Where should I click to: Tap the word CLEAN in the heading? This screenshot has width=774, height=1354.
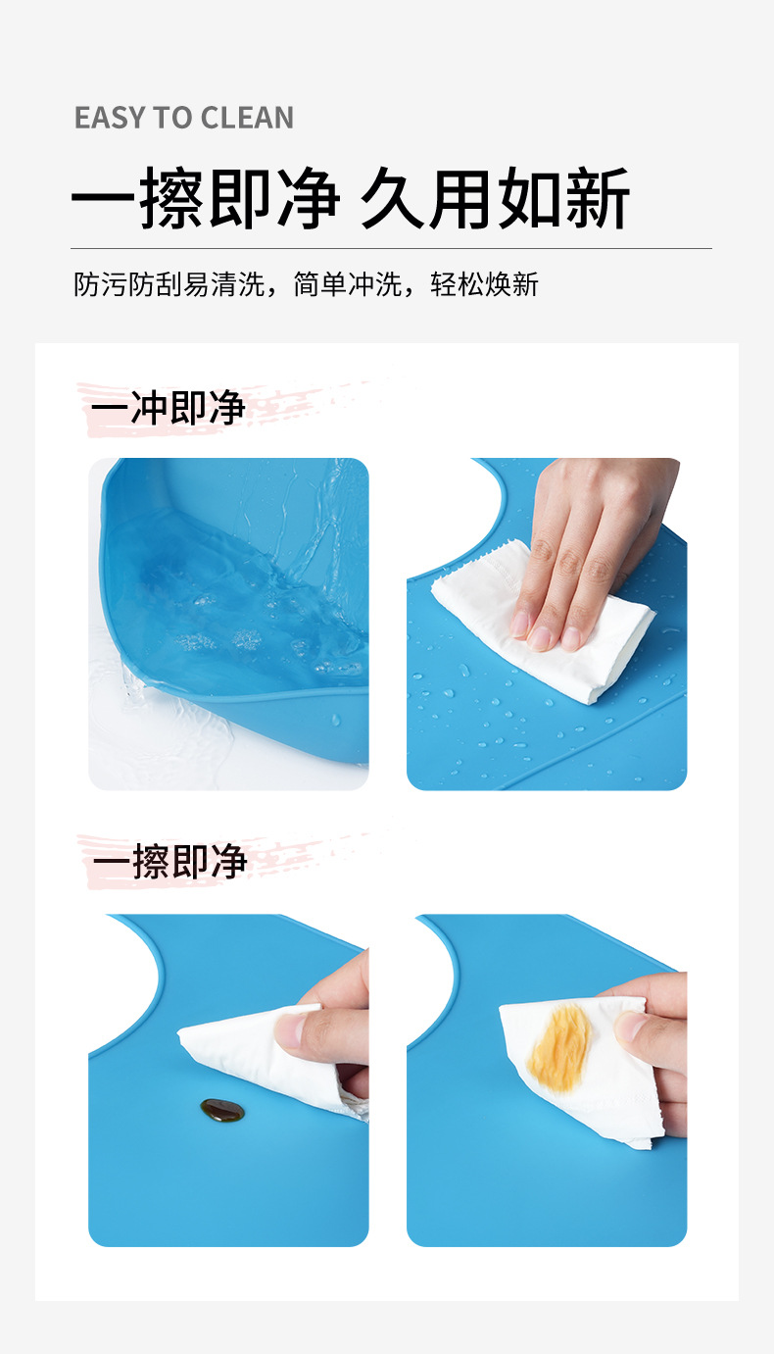point(249,119)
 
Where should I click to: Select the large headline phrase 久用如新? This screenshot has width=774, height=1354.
point(495,199)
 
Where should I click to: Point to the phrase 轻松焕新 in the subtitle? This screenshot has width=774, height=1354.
point(485,285)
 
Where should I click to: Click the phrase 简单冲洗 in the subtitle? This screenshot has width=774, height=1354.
point(348,285)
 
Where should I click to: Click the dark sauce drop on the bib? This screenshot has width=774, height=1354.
point(222,1110)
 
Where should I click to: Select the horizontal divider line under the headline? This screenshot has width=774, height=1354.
point(391,248)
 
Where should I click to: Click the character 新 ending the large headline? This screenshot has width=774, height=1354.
point(597,199)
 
